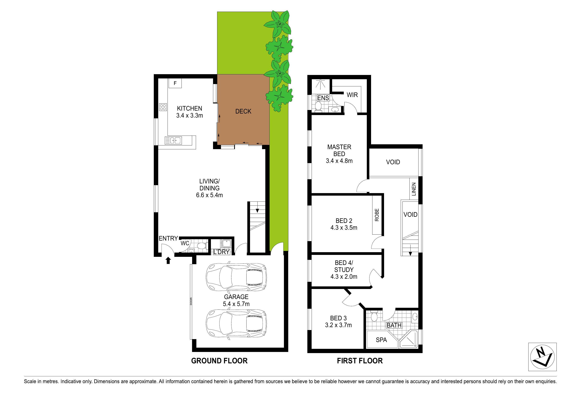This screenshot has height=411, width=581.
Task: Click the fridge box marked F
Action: point(175,83)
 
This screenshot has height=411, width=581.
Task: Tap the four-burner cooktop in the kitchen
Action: point(163,107)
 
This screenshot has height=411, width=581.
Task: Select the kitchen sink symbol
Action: point(173,140)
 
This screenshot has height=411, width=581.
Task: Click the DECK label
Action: point(243,111)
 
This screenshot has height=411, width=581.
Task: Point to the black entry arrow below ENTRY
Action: point(168,261)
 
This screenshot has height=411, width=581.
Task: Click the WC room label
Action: point(185,243)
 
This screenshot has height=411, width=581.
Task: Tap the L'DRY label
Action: point(221,252)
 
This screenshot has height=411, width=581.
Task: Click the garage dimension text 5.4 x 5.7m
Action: point(236,304)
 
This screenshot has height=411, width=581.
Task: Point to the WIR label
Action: point(352,95)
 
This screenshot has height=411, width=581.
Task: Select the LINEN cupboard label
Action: point(414,189)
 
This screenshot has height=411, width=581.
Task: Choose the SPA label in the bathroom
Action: point(381,340)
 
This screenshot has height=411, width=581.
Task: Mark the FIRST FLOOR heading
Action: point(360,361)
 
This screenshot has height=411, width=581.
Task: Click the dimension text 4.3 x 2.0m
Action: point(344,277)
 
